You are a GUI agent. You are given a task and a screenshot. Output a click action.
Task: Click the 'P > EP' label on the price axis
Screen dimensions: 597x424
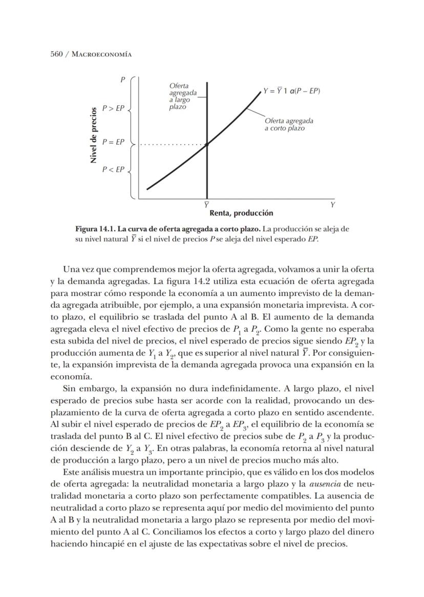(113, 108)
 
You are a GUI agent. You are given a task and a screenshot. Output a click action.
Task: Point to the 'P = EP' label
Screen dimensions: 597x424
(113, 142)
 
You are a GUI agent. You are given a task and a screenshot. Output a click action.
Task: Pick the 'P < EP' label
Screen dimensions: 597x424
(113, 169)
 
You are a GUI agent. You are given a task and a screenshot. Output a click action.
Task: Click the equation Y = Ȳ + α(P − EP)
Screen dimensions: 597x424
(291, 91)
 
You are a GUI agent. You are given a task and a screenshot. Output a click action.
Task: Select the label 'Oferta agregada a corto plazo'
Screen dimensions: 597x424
(288, 124)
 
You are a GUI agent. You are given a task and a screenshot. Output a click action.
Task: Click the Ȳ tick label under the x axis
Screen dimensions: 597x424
(206, 204)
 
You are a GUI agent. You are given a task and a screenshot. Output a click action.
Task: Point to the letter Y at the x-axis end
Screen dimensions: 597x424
(332, 204)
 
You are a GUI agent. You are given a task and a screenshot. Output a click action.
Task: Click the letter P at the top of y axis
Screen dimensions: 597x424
(123, 80)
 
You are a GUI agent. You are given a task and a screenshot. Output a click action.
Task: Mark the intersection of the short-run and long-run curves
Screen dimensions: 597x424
(207, 145)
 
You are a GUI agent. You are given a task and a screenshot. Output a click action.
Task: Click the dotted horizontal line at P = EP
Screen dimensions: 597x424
(172, 145)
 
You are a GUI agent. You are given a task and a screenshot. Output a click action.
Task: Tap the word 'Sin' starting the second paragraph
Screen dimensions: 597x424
(69, 389)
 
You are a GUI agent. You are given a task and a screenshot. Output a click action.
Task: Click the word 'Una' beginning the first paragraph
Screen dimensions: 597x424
(71, 269)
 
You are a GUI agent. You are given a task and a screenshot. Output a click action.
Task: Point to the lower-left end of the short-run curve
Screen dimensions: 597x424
(148, 189)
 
